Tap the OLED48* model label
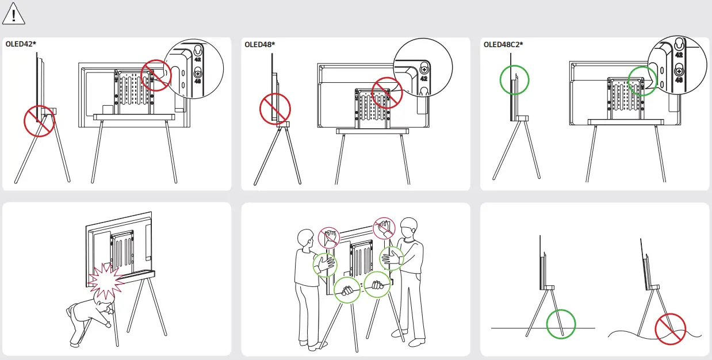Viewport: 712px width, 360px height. pyautogui.click(x=259, y=44)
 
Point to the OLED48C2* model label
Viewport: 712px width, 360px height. pyautogui.click(x=503, y=44)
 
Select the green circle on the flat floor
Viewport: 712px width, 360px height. pyautogui.click(x=560, y=324)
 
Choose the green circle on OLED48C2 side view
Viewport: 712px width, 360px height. pyautogui.click(x=514, y=79)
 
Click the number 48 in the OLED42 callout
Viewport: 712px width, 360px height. pyautogui.click(x=198, y=81)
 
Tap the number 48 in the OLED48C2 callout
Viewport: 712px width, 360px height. pyautogui.click(x=679, y=80)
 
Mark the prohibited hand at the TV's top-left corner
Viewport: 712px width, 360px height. pyautogui.click(x=329, y=237)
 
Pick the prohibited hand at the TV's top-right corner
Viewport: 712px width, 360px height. pyautogui.click(x=384, y=228)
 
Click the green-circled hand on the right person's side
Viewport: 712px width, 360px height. pyautogui.click(x=392, y=258)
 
